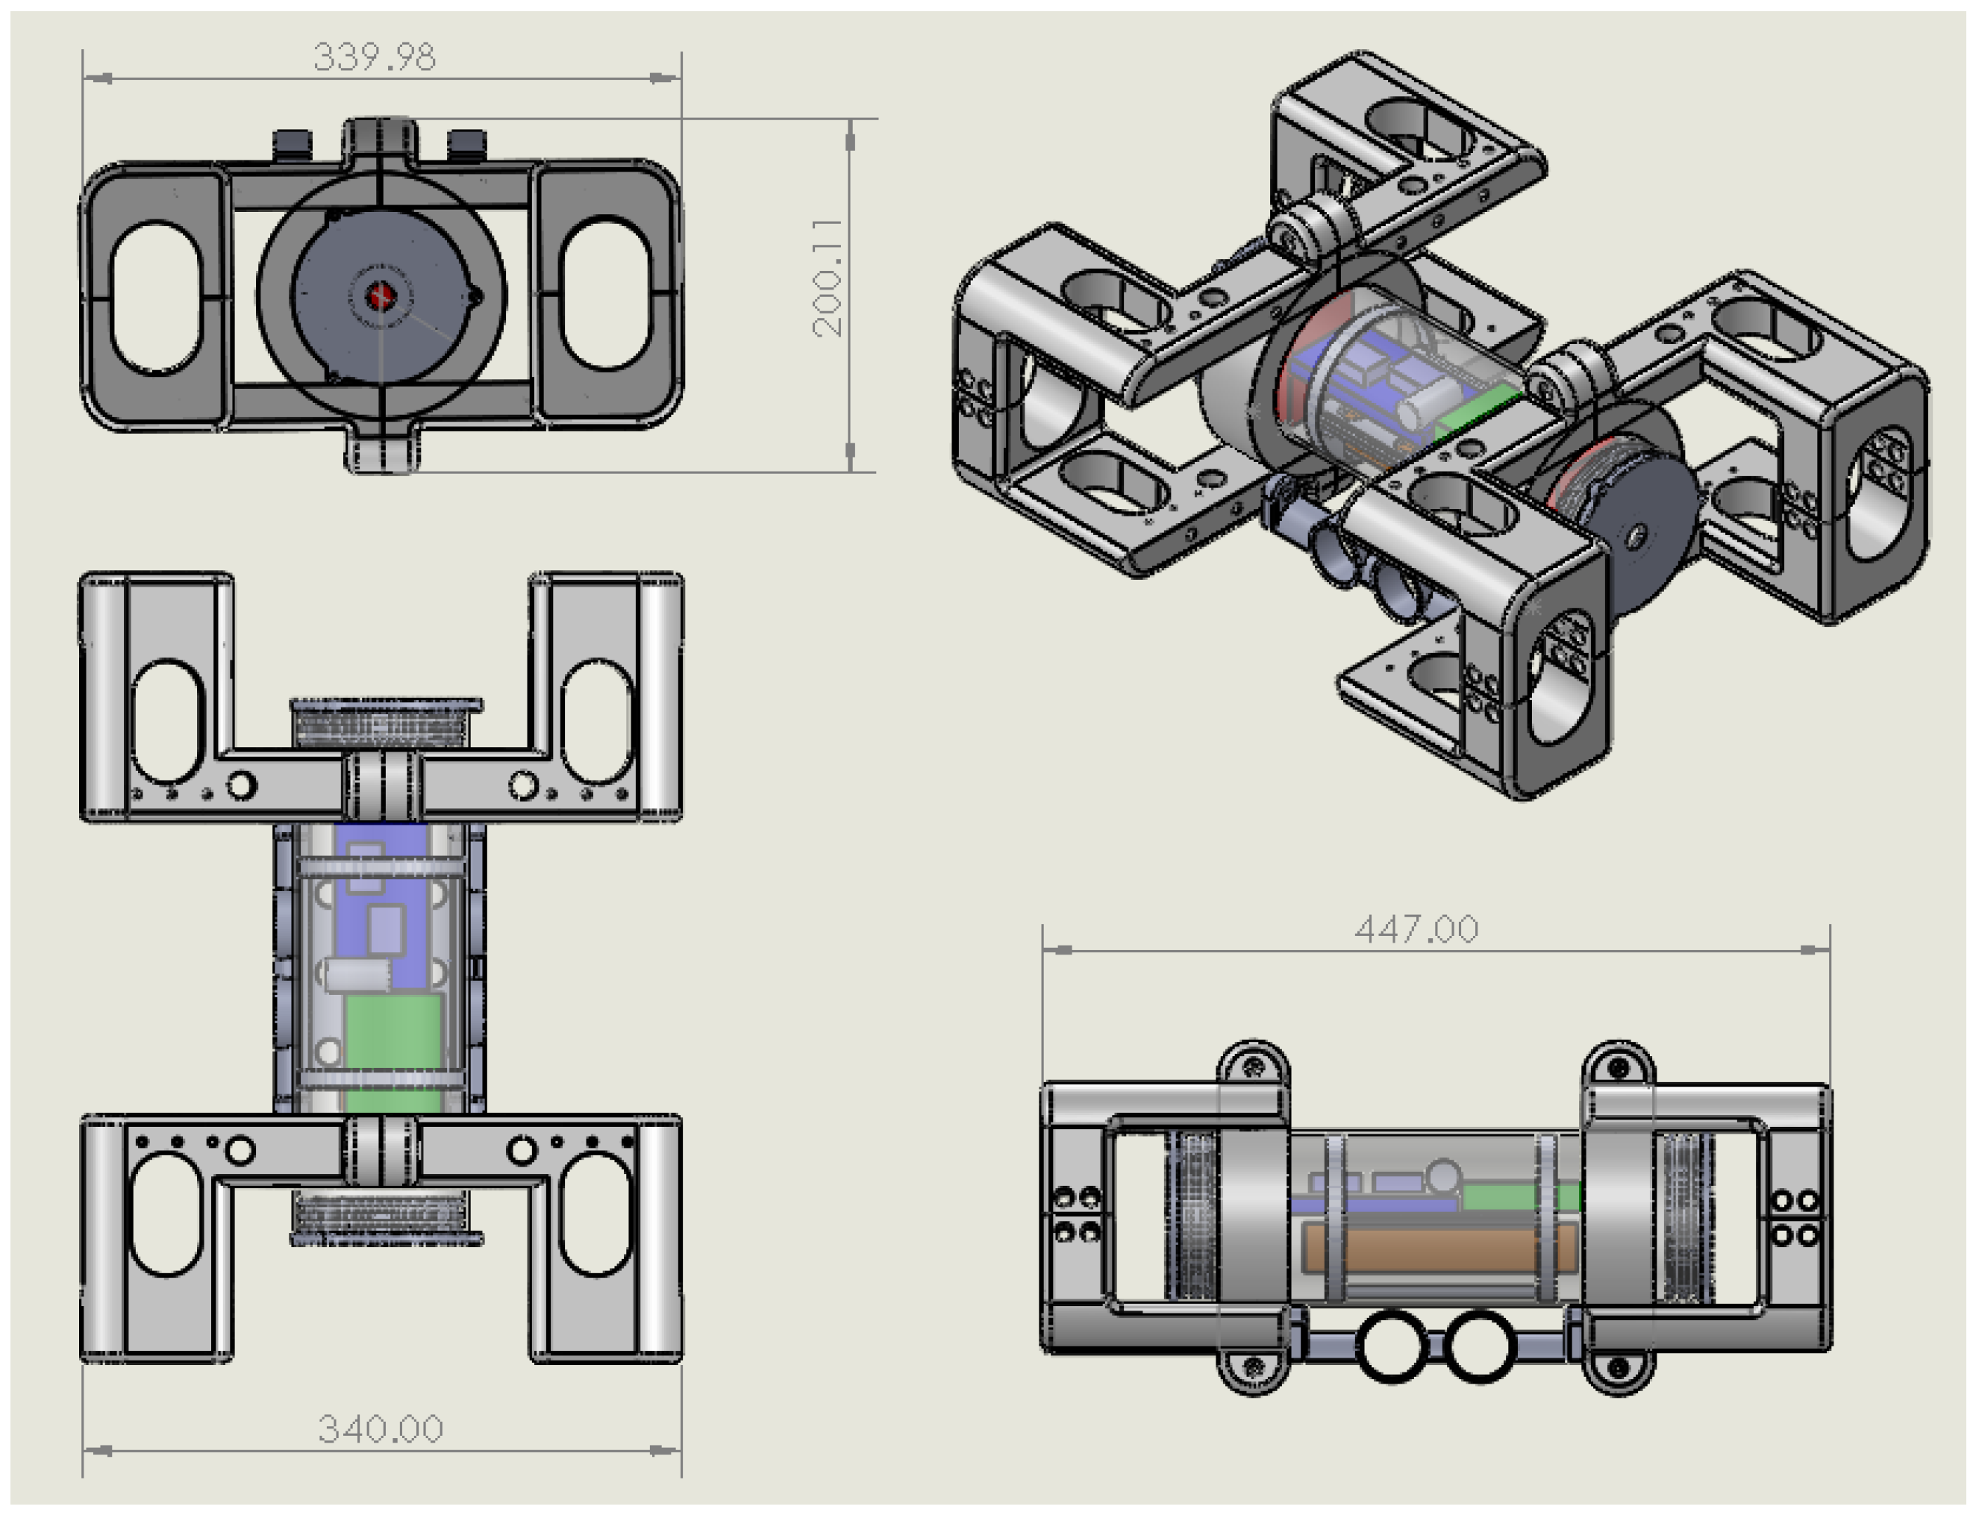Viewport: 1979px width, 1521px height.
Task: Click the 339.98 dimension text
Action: click(x=374, y=57)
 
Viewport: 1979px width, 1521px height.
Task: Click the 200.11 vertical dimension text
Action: click(x=828, y=277)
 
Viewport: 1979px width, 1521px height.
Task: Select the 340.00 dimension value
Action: click(x=381, y=1428)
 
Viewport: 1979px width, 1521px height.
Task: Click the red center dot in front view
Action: click(x=381, y=295)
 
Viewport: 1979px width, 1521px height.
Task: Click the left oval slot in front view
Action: click(x=156, y=296)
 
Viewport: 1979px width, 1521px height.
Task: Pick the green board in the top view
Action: click(x=393, y=1032)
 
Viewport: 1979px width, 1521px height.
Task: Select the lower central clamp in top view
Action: click(x=381, y=1150)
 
